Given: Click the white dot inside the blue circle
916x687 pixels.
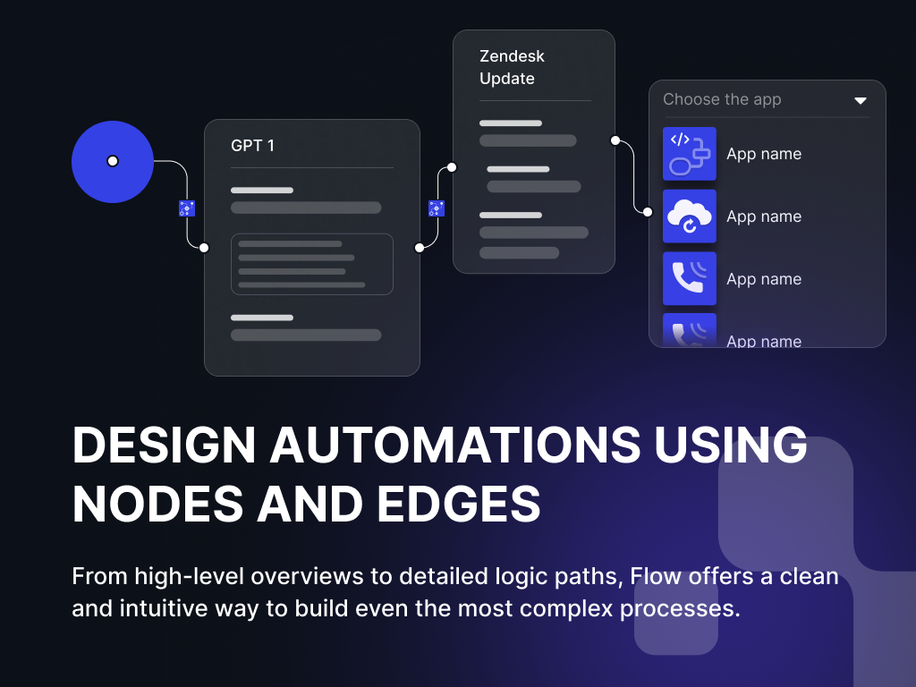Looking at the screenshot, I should (x=113, y=161).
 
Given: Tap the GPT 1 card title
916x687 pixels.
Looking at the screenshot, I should (x=252, y=146).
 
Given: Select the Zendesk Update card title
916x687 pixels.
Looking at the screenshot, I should (x=512, y=67).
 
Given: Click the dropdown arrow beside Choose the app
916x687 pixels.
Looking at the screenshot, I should (x=861, y=100).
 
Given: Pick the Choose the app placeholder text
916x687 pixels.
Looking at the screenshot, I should (x=722, y=100).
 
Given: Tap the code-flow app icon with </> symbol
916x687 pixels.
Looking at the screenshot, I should (x=690, y=154).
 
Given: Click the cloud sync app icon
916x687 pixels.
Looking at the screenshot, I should (x=690, y=216).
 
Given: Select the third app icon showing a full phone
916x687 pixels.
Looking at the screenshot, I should (x=690, y=279).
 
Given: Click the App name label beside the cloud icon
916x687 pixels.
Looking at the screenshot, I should (x=764, y=216).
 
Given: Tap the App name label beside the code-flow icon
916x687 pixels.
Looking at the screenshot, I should (x=764, y=154).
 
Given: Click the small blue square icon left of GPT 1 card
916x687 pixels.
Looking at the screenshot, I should (x=187, y=208).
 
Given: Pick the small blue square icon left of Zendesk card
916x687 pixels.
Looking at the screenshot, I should (x=437, y=208).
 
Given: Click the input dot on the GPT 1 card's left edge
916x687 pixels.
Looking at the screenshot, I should (x=204, y=248).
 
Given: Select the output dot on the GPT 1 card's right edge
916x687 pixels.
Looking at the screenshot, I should (x=420, y=248).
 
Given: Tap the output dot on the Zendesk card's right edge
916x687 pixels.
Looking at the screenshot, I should (x=615, y=140).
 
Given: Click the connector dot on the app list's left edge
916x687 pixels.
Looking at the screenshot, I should (x=649, y=211).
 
